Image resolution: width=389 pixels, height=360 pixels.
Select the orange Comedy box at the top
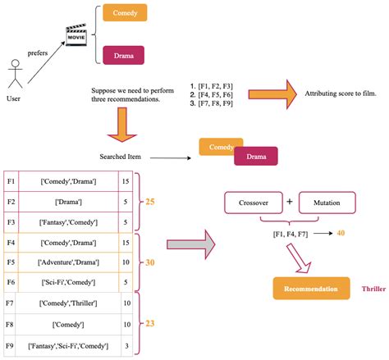[125, 13]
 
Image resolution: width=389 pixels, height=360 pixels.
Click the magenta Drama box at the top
[123, 56]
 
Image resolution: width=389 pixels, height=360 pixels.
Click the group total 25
[152, 200]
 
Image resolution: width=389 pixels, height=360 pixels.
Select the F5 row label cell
[11, 262]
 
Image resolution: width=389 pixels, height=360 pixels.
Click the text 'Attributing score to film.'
[340, 95]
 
